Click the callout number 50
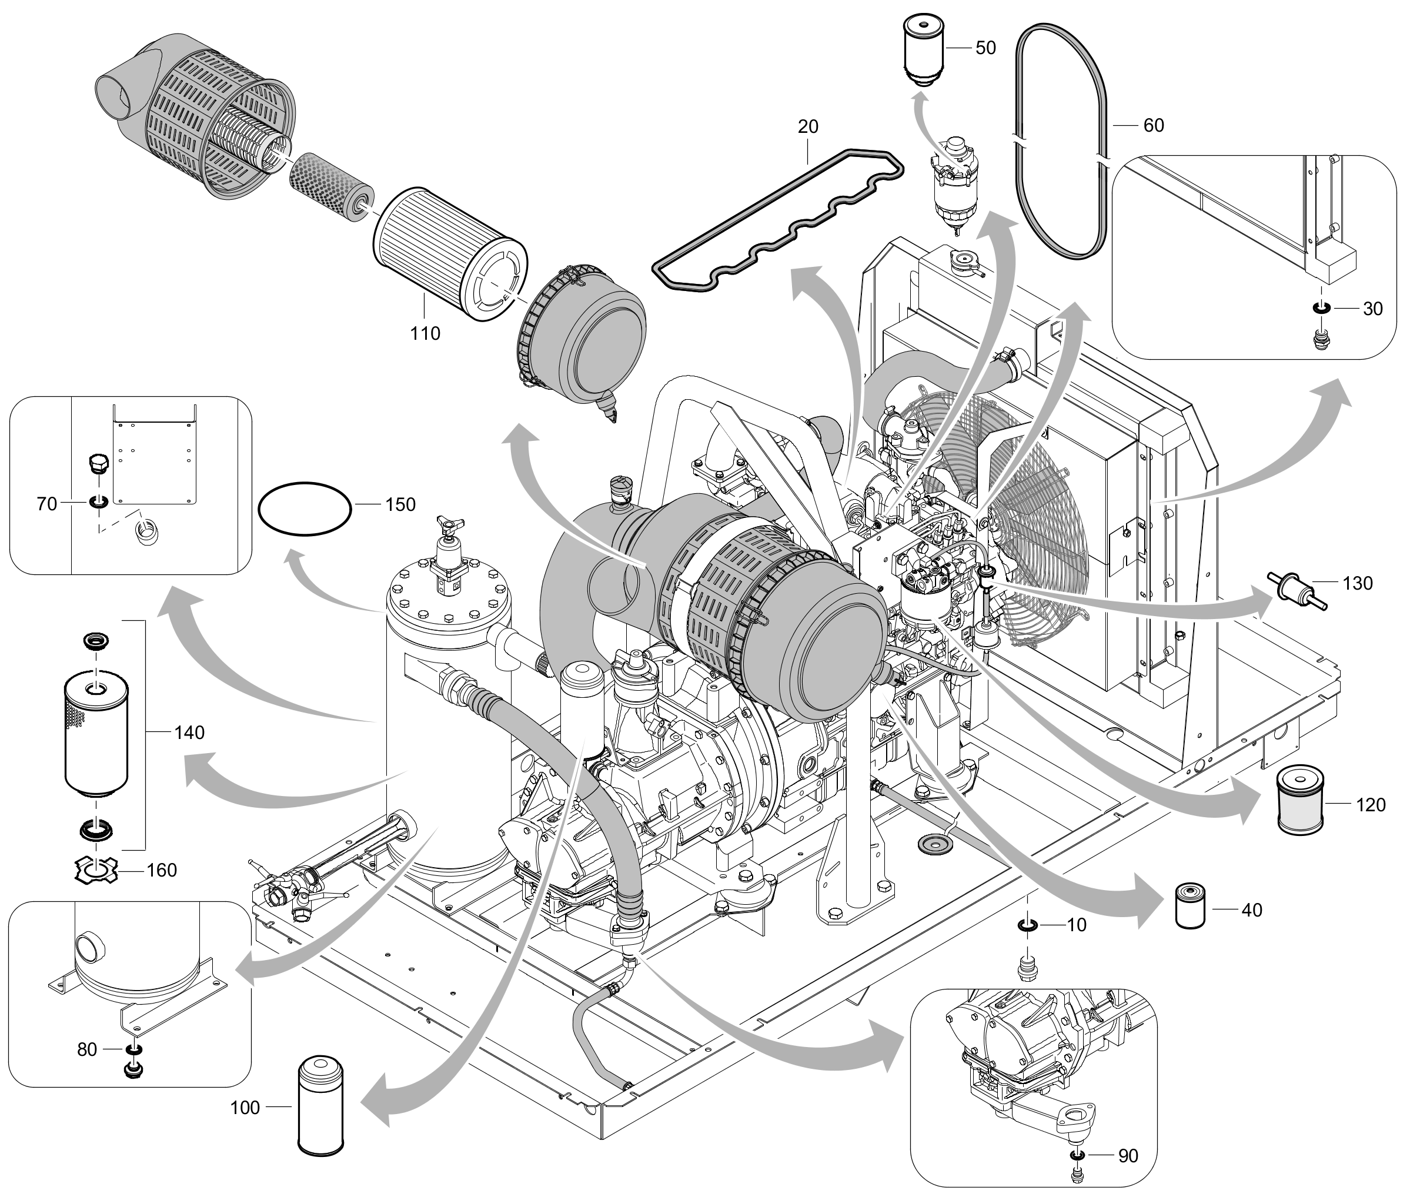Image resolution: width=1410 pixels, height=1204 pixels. point(985,48)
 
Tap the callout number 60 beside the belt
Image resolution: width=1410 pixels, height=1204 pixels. point(1154,125)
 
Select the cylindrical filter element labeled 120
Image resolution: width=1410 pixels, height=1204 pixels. point(1301,800)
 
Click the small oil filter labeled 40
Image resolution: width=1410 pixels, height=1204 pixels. point(1190,907)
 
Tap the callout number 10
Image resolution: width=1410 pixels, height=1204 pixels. point(1077,925)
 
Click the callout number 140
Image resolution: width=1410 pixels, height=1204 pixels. point(189,733)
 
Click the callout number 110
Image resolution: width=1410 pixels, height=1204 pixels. point(425,333)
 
